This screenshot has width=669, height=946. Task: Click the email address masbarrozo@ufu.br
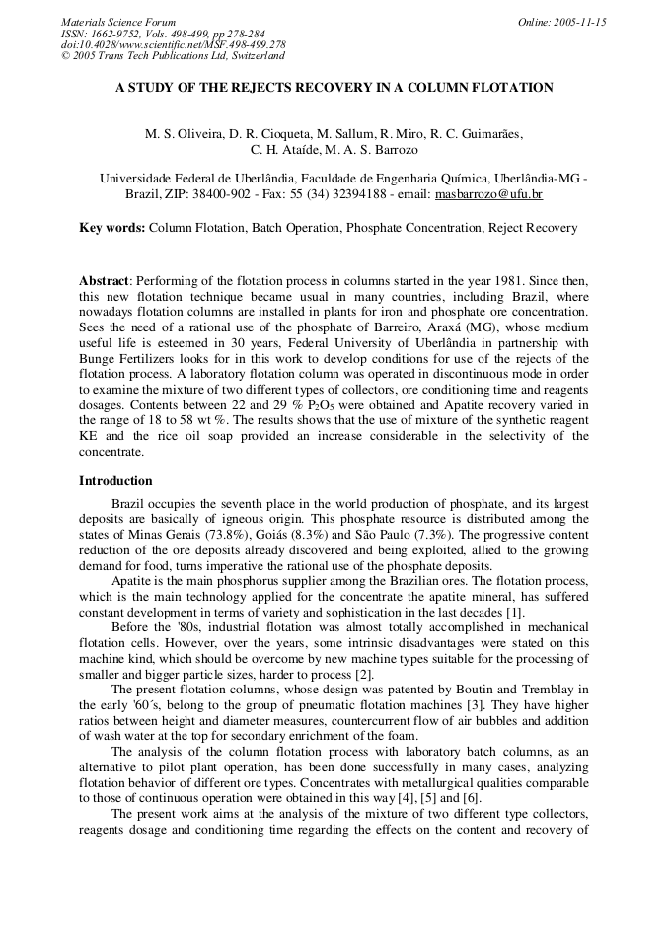(488, 194)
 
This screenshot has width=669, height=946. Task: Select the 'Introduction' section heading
(115, 481)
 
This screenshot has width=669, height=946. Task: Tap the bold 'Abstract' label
(104, 281)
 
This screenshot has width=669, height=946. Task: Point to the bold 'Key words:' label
(111, 228)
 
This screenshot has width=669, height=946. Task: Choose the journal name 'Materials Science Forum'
(118, 22)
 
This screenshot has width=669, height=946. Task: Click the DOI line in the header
(174, 44)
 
